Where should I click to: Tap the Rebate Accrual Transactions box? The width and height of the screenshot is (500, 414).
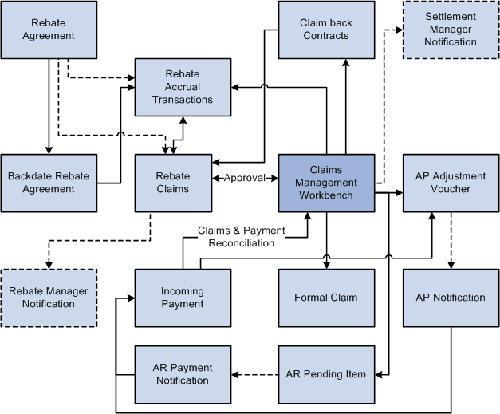click(x=183, y=87)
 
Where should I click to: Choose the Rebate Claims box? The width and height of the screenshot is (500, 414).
click(x=173, y=183)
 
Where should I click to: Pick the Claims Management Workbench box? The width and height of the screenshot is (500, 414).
click(x=326, y=183)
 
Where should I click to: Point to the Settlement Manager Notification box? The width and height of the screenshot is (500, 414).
click(x=451, y=30)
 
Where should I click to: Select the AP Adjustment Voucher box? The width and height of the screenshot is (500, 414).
click(x=451, y=183)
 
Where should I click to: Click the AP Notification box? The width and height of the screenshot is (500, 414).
click(x=451, y=298)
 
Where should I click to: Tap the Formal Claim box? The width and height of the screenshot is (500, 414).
click(x=326, y=298)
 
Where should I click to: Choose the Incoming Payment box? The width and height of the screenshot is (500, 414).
click(x=183, y=298)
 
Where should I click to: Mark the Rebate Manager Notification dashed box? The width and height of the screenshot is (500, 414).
click(x=49, y=298)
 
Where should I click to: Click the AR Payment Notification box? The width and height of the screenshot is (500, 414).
click(x=183, y=374)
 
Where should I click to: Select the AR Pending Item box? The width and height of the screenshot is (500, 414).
click(x=326, y=374)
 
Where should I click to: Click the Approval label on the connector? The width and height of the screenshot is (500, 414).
click(x=244, y=178)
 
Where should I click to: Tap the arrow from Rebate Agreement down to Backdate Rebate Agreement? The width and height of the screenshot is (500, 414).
click(x=49, y=104)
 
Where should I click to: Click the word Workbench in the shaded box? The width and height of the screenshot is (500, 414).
click(x=326, y=195)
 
